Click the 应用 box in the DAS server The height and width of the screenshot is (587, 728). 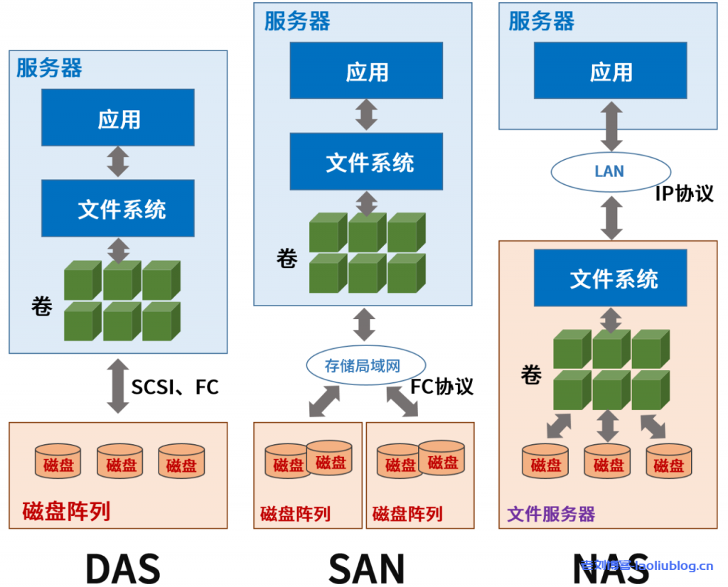pos(118,118)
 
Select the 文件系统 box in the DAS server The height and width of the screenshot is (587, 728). pos(118,208)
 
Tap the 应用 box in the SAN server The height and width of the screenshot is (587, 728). pos(366,71)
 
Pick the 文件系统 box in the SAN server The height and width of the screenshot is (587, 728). pos(366,162)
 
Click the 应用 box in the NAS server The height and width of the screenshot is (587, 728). pos(611,71)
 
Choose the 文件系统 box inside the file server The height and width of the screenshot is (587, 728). pos(611,278)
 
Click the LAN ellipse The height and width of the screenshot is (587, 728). pos(611,171)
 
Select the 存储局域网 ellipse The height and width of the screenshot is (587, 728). pos(363,366)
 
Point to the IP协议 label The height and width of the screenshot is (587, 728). pos(684,193)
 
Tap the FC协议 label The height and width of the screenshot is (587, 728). pos(441,386)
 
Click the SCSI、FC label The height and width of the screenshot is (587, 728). pos(175,387)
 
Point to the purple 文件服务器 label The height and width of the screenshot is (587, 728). pos(551,514)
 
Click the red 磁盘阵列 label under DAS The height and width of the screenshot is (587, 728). pos(66,511)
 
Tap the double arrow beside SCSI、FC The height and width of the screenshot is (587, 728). pos(118,386)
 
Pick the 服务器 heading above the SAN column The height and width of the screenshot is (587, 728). pos(297,21)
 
